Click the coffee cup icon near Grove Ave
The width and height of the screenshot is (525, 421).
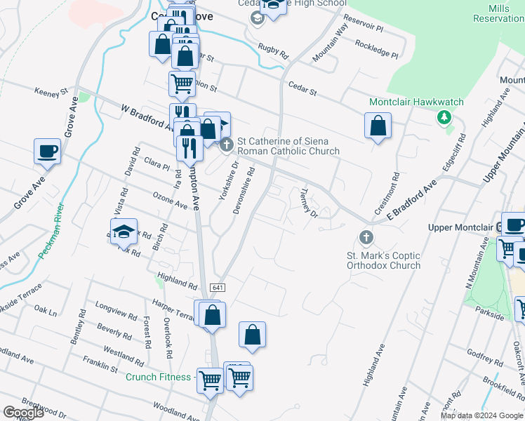(47, 151)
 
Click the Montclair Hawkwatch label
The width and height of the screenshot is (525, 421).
(416, 102)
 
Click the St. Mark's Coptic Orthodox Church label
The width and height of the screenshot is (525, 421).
(383, 260)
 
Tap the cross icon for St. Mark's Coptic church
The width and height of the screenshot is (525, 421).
(365, 236)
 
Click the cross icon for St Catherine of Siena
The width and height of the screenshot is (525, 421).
(226, 146)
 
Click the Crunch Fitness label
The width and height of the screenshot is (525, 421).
(158, 377)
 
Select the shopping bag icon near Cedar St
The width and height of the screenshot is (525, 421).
(378, 126)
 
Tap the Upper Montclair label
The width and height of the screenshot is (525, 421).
(459, 227)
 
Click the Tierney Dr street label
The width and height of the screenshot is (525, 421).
(309, 202)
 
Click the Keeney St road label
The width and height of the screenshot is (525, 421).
(51, 91)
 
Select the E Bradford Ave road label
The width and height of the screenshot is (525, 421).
(410, 196)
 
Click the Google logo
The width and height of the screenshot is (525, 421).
(24, 413)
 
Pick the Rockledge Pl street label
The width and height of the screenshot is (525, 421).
(376, 48)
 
